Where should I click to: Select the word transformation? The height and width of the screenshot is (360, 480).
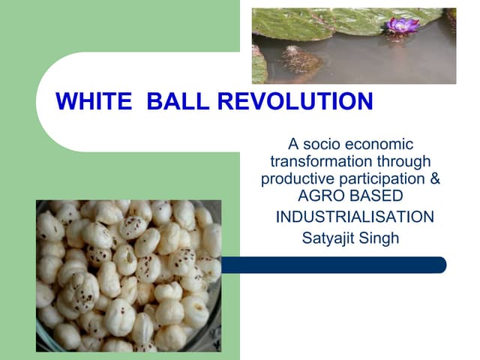point(315,161)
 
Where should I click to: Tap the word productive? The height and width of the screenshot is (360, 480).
point(295,179)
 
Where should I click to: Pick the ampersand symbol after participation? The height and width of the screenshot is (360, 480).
point(435,179)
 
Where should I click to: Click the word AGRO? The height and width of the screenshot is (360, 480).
point(319,196)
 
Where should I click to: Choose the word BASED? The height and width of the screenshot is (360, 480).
point(375,196)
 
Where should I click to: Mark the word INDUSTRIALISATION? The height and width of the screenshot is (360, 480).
point(355,217)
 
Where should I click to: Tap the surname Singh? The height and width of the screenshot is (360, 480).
point(382,239)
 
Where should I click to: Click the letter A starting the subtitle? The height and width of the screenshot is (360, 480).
point(294,144)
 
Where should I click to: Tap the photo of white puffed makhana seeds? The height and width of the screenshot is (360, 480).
point(128,275)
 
